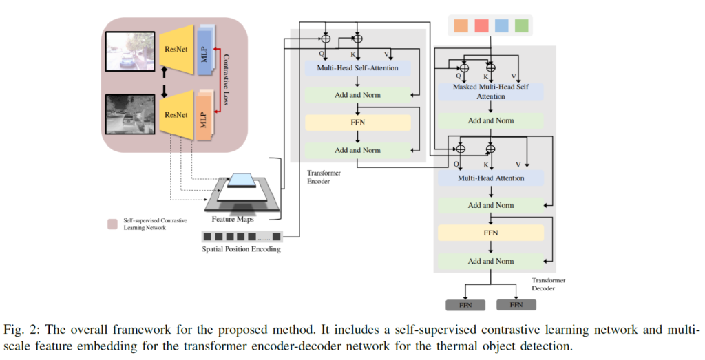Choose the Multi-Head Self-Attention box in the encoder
[357, 68]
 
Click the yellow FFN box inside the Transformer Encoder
[358, 123]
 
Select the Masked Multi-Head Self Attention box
[489, 92]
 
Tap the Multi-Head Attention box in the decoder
[490, 178]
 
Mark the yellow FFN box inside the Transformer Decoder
[490, 233]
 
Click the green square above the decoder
[520, 26]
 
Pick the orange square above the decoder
[461, 26]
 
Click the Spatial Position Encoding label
[241, 249]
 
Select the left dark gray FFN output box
[465, 304]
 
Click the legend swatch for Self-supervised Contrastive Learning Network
[112, 224]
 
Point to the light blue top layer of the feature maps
[243, 180]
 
